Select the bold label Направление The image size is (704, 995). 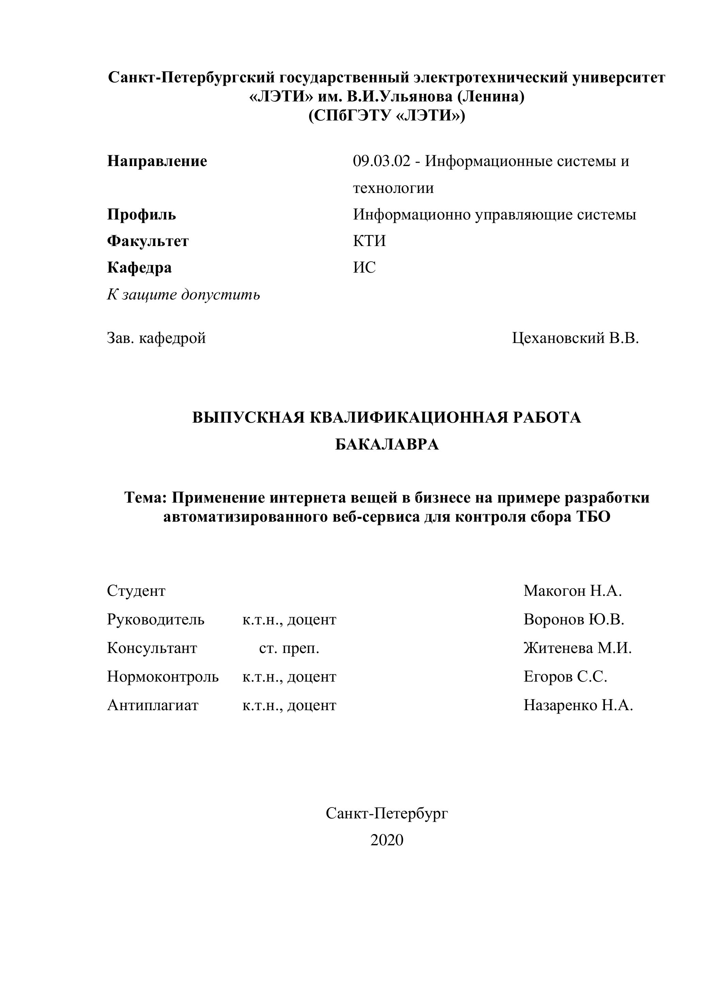(157, 161)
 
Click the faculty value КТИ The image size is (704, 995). (369, 241)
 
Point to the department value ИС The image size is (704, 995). (364, 268)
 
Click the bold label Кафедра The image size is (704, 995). (139, 268)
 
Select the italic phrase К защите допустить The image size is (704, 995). (183, 295)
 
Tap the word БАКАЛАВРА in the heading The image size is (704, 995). (387, 445)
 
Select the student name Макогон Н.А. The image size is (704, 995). (573, 591)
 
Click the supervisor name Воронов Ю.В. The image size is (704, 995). (574, 620)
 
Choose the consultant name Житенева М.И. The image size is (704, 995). (577, 648)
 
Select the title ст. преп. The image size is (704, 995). (289, 649)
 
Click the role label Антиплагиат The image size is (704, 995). (153, 705)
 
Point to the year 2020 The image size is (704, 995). (387, 840)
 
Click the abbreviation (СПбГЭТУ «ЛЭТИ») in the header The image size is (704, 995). (387, 116)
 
